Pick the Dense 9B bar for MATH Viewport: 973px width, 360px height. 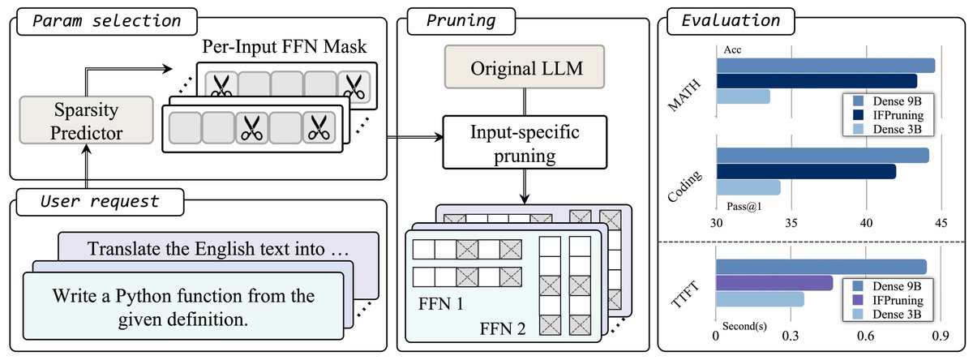click(825, 66)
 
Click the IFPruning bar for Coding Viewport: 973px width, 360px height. click(805, 171)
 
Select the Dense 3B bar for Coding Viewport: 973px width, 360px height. click(748, 187)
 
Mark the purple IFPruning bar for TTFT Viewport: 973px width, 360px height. click(774, 283)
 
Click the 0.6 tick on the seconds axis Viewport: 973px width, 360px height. click(865, 335)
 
